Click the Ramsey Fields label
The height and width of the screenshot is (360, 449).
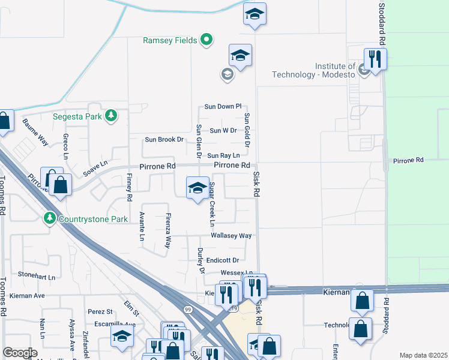coord(170,40)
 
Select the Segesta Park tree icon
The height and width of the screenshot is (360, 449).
coord(110,115)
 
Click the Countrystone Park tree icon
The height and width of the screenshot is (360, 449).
coord(50,218)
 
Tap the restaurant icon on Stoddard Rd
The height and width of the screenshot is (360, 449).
coord(375,59)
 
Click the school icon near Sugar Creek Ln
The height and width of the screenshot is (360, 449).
coord(197,188)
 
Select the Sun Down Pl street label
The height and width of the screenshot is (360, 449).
coord(222,106)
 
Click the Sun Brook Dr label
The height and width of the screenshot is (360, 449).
coord(164,140)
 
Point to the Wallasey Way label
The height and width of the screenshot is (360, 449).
coord(231,236)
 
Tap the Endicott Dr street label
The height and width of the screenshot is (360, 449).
coord(223,260)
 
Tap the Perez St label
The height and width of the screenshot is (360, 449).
coord(100,312)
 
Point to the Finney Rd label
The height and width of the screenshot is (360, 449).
coord(129,187)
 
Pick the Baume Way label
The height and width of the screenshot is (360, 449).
coord(35,132)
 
